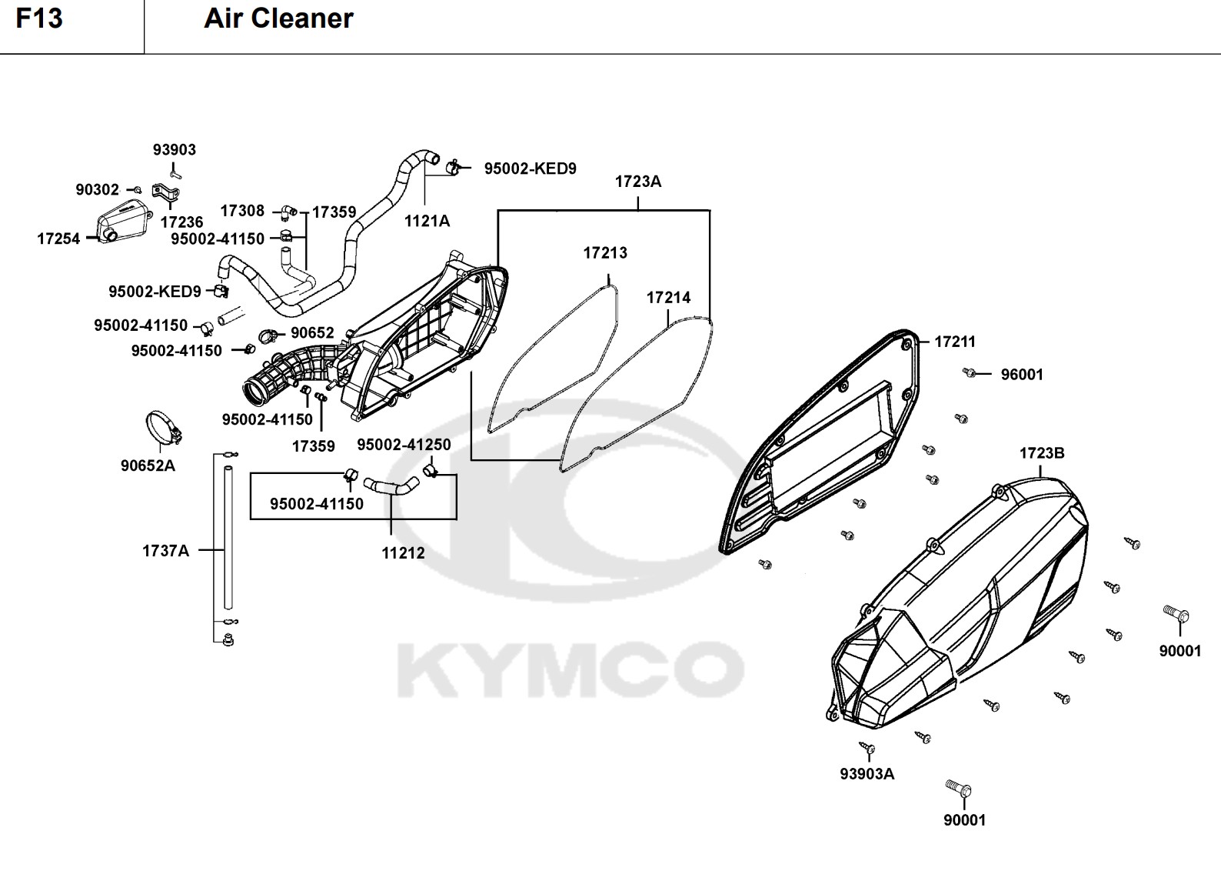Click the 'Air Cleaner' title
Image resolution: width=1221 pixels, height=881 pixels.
tap(278, 18)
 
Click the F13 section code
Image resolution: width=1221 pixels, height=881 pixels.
tap(39, 18)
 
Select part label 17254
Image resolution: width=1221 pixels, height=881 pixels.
tap(58, 239)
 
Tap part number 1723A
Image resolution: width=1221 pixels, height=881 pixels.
tap(637, 182)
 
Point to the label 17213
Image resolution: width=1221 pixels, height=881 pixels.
tap(605, 252)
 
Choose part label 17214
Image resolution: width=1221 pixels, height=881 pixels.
tap(668, 297)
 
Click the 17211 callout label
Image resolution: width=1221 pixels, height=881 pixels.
tap(955, 342)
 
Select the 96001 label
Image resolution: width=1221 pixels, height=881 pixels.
tap(1022, 375)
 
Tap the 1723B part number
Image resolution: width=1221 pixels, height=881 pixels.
tap(1042, 453)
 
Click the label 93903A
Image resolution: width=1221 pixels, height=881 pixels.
tap(867, 774)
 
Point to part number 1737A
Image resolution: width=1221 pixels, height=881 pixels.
tap(165, 551)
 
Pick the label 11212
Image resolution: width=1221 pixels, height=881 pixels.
tap(403, 553)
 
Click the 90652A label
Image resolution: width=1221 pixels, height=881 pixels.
tap(148, 466)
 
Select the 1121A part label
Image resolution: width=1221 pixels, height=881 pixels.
tap(428, 221)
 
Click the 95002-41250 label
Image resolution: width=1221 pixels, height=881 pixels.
tap(404, 445)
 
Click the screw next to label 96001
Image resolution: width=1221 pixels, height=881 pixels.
tap(970, 373)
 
